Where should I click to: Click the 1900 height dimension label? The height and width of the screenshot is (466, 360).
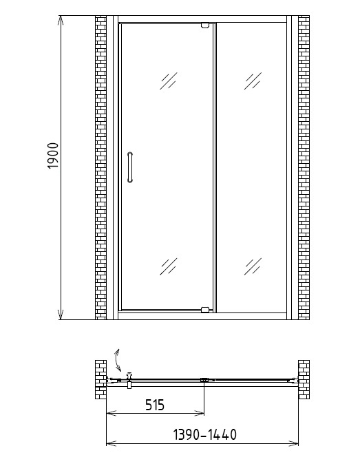[x=53, y=156]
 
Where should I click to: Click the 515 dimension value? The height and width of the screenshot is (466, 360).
[x=155, y=405]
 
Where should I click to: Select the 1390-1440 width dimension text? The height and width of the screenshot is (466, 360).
[x=205, y=434]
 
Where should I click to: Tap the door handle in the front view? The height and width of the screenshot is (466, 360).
[x=130, y=167]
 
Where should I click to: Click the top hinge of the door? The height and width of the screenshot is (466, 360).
[x=205, y=25]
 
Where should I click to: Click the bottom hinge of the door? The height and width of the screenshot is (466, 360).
[x=205, y=310]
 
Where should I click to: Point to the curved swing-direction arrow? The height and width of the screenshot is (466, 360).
[x=118, y=360]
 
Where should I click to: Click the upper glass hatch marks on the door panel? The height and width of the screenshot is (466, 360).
[x=169, y=81]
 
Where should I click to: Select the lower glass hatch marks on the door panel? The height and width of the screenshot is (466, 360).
[x=169, y=266]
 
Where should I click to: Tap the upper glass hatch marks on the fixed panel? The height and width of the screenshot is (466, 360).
[x=253, y=81]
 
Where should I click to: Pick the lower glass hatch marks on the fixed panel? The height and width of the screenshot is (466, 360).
[x=253, y=266]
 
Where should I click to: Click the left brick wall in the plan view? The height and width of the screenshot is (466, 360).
[x=100, y=379]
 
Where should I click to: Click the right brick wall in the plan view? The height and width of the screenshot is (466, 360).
[x=304, y=379]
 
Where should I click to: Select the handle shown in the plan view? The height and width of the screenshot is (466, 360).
[x=129, y=380]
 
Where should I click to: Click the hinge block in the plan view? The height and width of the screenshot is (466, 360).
[x=204, y=380]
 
